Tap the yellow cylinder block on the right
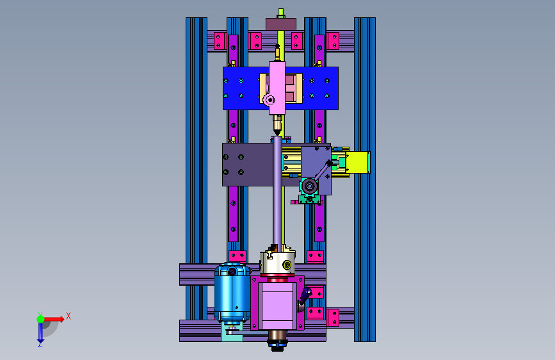point(358,162)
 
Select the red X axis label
point(68,316)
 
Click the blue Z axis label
point(40,344)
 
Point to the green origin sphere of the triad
point(40,319)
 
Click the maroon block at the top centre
point(281,24)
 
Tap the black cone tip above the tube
point(278,133)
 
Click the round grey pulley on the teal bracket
point(309,186)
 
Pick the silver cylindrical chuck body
point(278,263)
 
